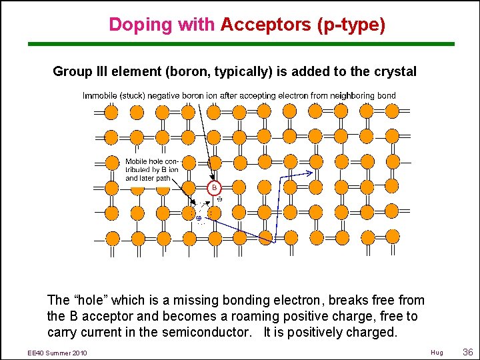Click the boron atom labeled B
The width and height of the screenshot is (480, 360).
point(214,188)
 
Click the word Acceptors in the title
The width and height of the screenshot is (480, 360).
point(265,25)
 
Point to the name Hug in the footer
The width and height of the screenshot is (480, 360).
point(437,353)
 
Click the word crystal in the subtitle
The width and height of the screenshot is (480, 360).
point(395,71)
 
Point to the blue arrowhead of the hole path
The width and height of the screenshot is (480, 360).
point(311,173)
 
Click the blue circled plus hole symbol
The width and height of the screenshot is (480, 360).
point(198,217)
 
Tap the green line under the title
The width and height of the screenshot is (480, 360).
point(240,44)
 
